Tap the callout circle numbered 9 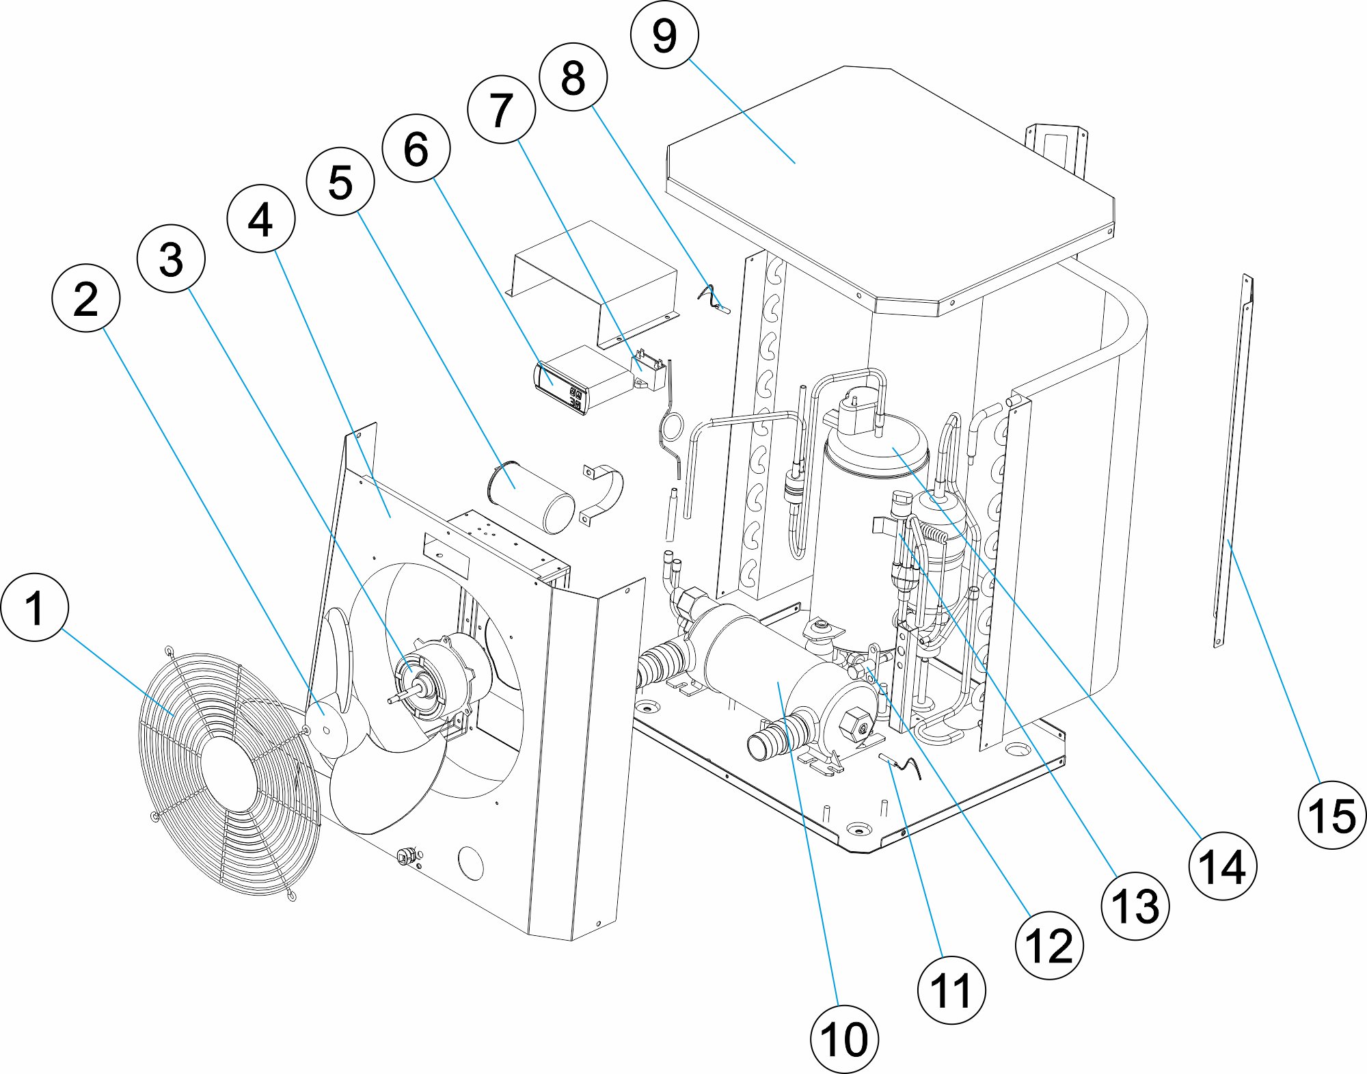(664, 35)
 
